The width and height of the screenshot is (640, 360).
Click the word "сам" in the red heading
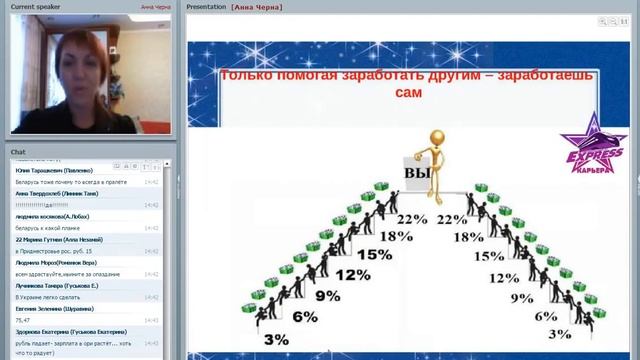point(408,93)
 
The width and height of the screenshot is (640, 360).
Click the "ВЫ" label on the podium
point(416,174)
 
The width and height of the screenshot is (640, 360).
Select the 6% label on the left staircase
point(304,317)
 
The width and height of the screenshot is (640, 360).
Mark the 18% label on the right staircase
point(468,237)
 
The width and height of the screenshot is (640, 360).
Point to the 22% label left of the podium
point(411,220)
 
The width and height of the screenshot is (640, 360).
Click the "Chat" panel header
point(19,152)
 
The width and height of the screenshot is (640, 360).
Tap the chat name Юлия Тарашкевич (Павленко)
point(54,170)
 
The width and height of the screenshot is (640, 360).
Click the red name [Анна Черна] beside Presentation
point(256,6)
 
